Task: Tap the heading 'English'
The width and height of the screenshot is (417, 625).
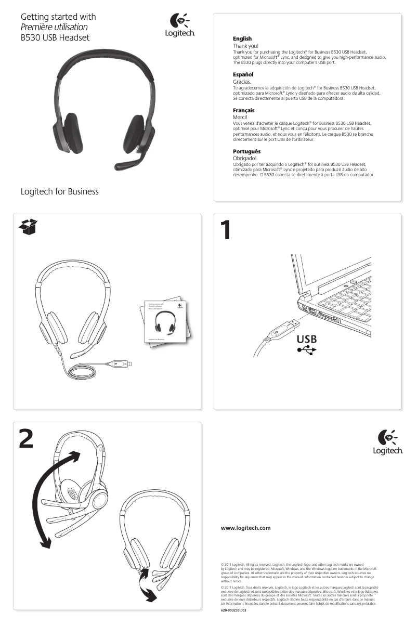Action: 242,38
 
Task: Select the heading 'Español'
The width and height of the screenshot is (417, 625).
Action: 242,75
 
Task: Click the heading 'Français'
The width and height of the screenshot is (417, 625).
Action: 243,111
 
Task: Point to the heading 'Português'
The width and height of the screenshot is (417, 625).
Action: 246,151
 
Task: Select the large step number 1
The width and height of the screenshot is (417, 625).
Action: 225,231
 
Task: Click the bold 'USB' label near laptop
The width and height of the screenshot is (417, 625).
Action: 306,339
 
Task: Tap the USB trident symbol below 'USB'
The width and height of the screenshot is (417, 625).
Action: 306,350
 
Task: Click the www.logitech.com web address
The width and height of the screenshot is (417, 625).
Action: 246,528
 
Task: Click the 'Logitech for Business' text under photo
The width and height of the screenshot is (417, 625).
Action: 59,192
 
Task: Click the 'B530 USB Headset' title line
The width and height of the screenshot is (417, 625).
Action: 55,37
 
